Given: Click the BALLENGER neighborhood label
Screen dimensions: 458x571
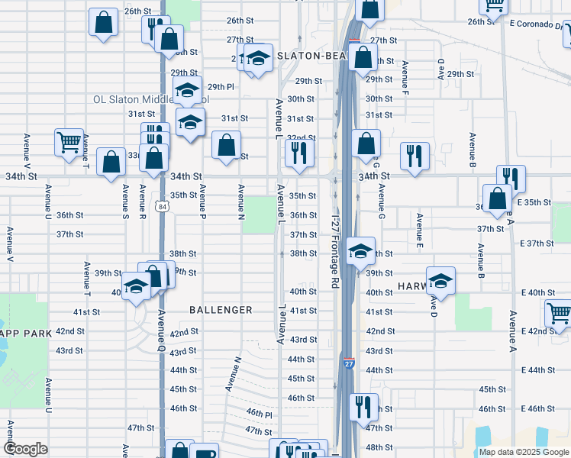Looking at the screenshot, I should (221, 310).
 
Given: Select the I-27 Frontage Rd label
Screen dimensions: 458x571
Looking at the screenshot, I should (334, 251).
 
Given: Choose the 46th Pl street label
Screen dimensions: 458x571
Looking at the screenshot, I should (260, 413).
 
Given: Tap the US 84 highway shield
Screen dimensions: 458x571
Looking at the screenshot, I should (162, 207).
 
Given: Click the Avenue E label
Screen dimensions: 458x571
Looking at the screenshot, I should (419, 231).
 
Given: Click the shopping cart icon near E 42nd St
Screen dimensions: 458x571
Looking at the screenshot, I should (558, 312).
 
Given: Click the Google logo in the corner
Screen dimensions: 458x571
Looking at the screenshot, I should (26, 449).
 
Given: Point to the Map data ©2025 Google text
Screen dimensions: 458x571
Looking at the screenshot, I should (523, 452).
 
